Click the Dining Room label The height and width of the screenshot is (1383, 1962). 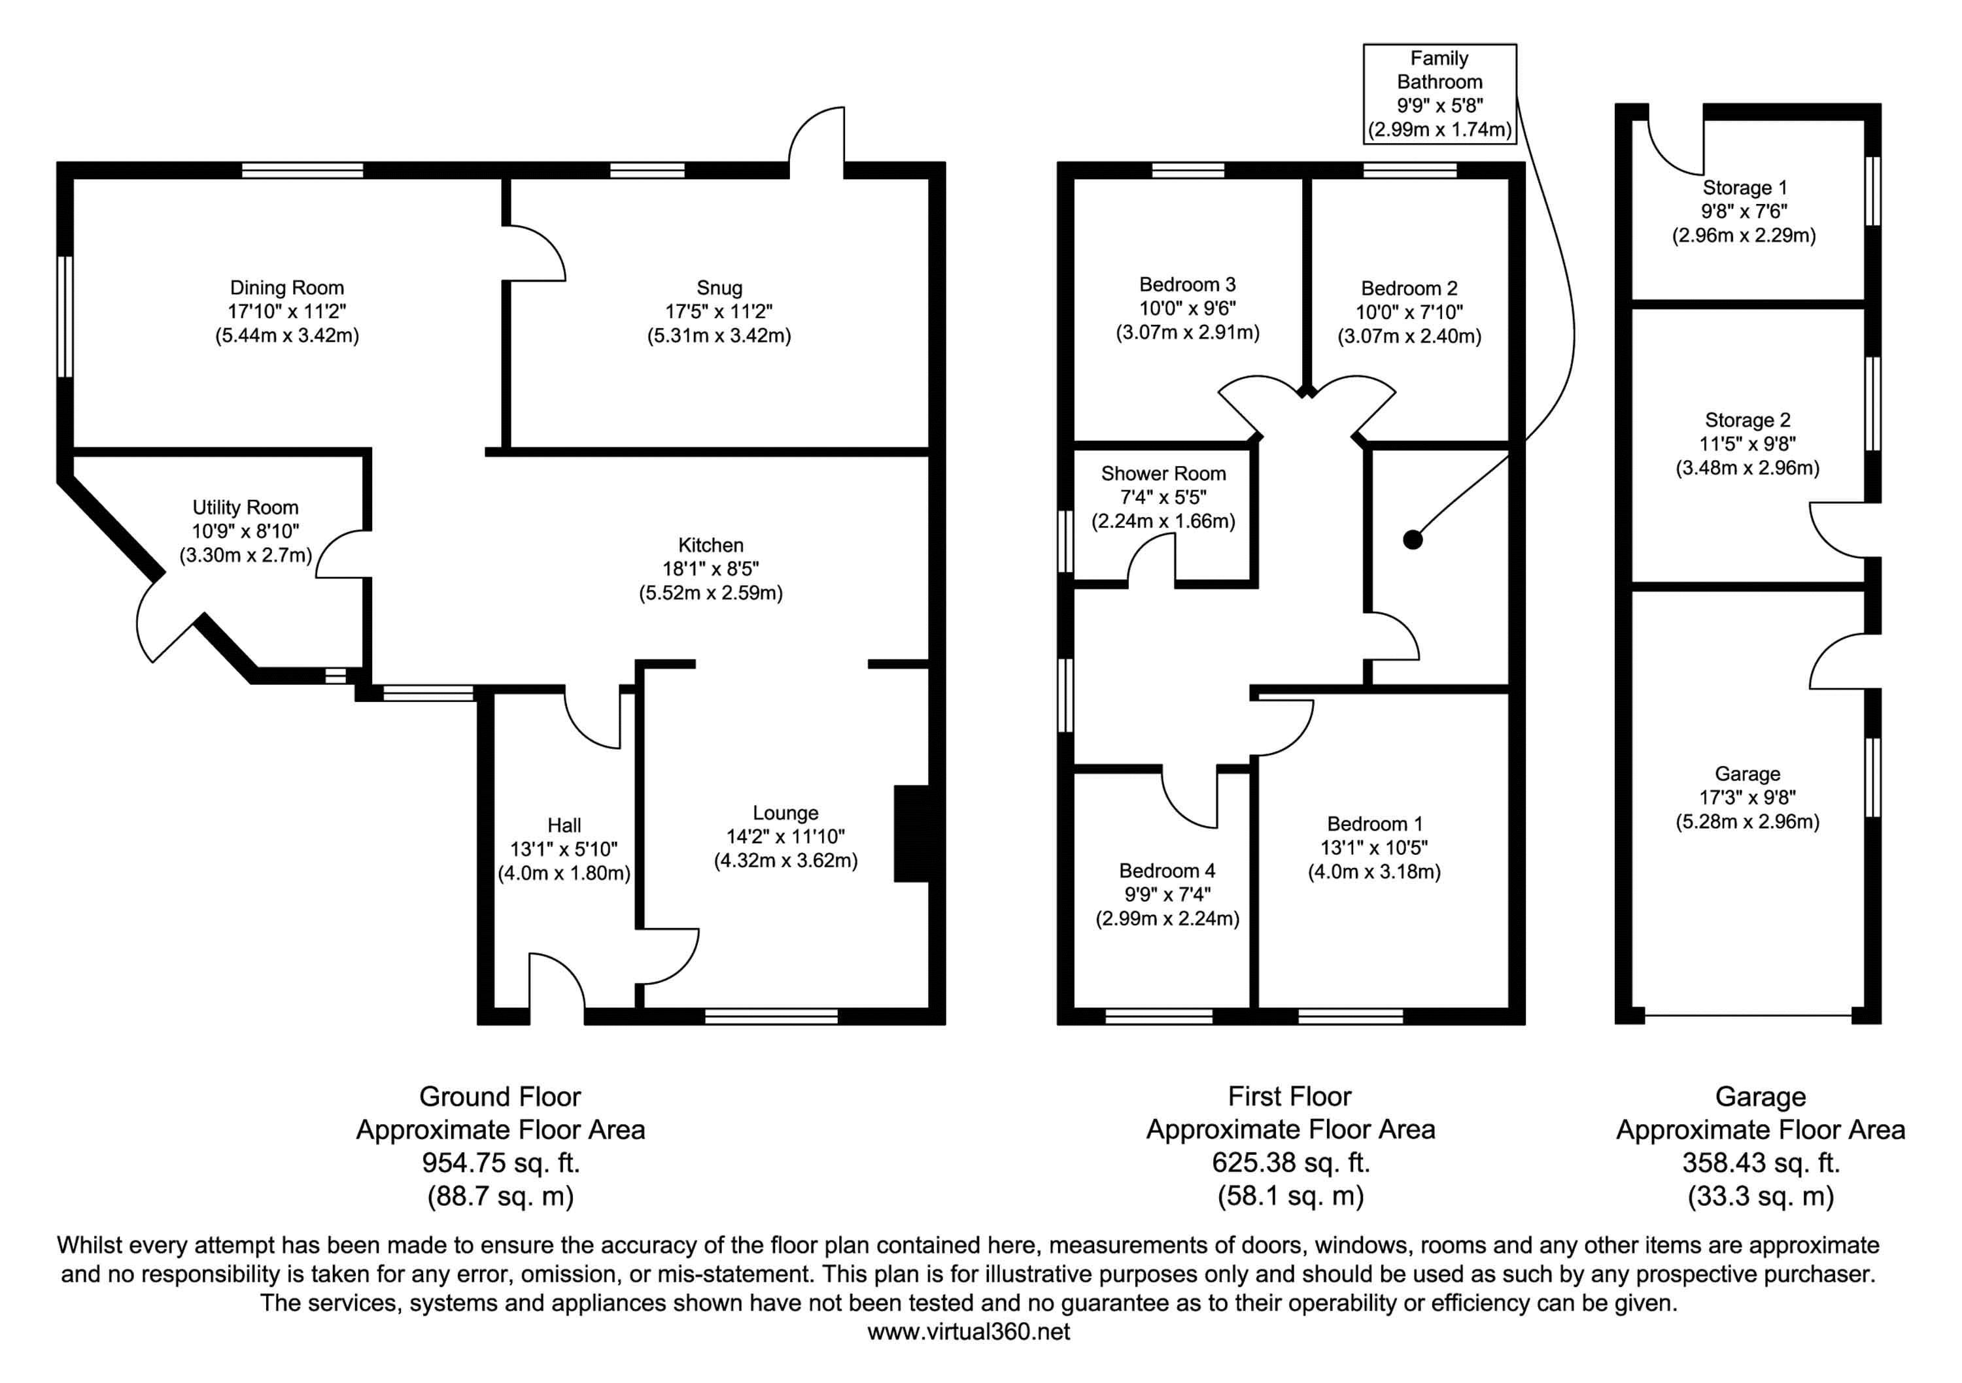(286, 288)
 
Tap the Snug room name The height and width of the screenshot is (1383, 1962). (719, 288)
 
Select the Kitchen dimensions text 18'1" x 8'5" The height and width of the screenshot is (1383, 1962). (710, 569)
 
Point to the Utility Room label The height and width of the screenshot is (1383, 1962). (245, 507)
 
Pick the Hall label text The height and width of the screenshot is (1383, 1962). (564, 825)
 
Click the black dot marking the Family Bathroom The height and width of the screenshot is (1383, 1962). (1413, 540)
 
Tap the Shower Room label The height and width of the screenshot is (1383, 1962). (1163, 473)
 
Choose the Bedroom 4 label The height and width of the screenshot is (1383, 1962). (1167, 871)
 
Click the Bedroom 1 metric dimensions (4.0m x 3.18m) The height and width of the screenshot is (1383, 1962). (1374, 872)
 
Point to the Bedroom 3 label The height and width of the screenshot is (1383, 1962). (1187, 284)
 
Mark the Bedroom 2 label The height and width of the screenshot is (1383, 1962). (1409, 289)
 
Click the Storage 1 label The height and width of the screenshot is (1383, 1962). (1744, 188)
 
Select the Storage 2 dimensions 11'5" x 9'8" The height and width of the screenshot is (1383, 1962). (1747, 444)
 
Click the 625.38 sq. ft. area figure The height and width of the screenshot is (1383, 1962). (1290, 1163)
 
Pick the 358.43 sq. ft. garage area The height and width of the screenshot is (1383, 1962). (1761, 1163)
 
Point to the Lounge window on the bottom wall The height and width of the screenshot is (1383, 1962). (771, 1016)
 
